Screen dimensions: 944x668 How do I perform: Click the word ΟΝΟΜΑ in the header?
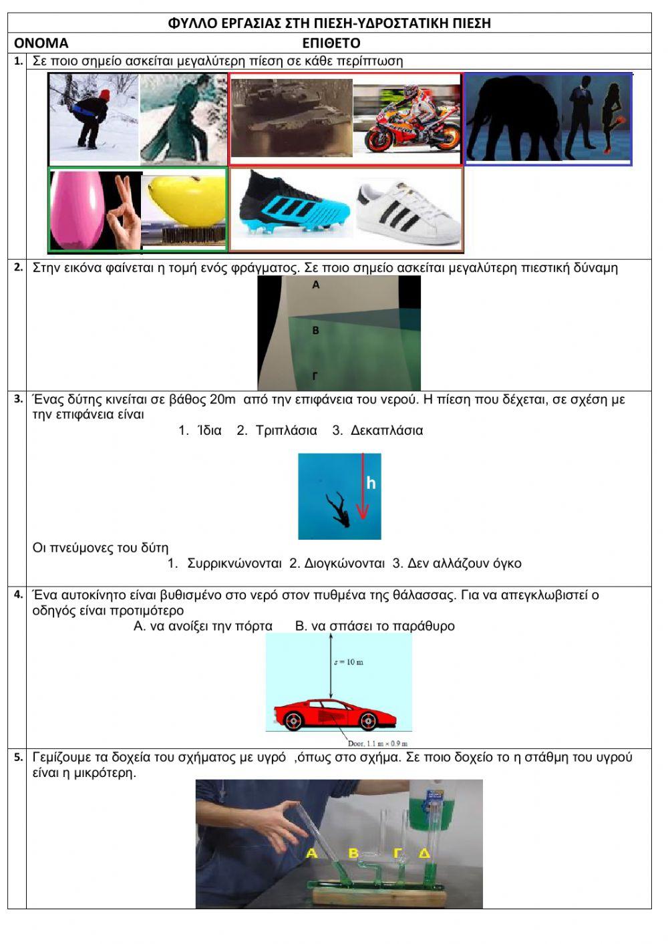41,43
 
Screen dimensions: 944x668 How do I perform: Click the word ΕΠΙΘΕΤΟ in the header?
331,43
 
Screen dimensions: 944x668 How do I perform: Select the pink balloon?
75,208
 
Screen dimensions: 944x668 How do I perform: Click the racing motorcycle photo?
407,119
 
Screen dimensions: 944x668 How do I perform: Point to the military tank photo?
291,117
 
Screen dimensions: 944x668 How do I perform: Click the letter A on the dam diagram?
316,284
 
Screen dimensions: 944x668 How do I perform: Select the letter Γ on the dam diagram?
315,375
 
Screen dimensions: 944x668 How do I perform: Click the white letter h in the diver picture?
371,482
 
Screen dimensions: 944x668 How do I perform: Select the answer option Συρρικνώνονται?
234,563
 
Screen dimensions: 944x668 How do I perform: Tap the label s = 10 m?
348,662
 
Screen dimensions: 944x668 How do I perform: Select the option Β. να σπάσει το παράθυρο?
375,626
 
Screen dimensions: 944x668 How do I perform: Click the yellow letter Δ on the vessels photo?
424,853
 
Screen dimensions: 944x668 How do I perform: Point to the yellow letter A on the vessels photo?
311,853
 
